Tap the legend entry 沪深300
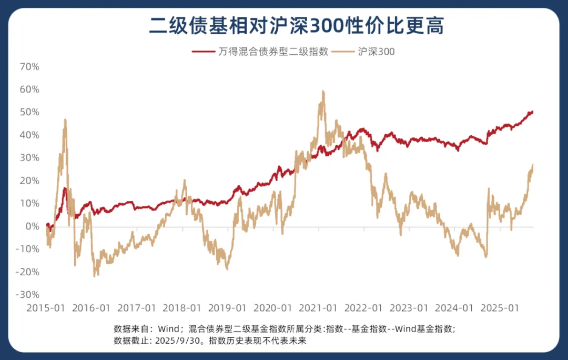tap(376, 52)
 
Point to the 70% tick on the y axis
tap(29, 67)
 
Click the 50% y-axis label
tap(29, 112)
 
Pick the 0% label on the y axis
tap(33, 226)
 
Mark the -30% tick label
tap(28, 295)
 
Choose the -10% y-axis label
tap(28, 249)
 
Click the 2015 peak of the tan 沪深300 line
tap(65, 119)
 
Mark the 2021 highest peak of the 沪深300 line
tap(323, 91)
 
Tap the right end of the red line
tap(533, 111)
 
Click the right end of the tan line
tap(533, 165)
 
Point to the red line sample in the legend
tap(204, 52)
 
